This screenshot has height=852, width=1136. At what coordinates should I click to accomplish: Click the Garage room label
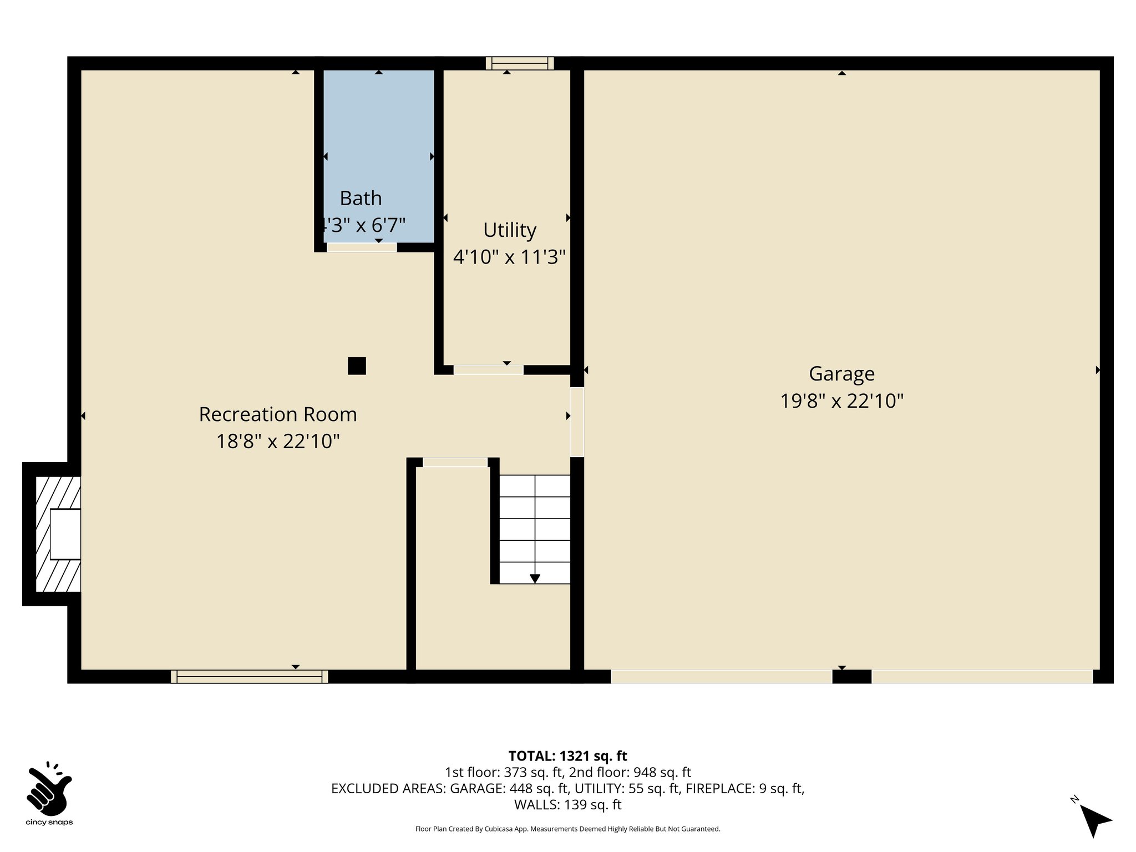841,374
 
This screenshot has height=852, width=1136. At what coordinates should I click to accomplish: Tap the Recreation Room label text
277,414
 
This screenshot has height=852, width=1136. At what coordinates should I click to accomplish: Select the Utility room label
509,230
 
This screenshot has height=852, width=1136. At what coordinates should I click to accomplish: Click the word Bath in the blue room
361,198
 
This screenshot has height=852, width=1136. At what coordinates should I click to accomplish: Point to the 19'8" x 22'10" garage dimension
841,400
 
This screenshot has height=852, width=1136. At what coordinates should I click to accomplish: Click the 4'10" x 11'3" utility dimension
509,257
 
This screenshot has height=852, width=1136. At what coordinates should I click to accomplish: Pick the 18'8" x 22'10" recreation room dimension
277,442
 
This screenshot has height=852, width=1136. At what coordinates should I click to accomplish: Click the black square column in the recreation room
357,366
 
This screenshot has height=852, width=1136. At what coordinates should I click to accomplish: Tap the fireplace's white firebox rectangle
65,534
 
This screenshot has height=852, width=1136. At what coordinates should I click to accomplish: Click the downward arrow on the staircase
535,579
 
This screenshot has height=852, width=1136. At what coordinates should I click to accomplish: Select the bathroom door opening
362,247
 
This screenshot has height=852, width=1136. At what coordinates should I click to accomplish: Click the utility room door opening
488,370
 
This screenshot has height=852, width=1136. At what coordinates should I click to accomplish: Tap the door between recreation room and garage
577,422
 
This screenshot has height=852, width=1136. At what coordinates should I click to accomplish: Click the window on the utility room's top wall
520,63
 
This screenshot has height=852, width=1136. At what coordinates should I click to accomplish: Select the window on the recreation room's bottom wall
249,676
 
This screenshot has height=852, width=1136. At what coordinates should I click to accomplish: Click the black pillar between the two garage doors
851,676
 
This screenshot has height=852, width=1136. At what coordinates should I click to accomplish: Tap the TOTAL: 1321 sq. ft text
567,755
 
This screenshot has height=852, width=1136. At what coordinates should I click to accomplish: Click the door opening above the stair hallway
455,462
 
